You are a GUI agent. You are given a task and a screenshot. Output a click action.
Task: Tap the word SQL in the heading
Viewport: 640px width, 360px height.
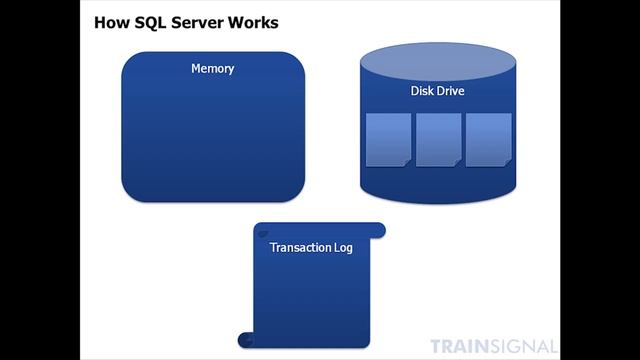click(149, 21)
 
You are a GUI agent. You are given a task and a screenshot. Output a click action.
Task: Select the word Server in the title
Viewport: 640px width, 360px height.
click(198, 21)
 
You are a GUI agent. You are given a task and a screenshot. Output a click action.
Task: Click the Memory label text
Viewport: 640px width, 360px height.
click(212, 69)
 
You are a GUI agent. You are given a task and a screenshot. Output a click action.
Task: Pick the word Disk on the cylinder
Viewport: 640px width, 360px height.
click(423, 92)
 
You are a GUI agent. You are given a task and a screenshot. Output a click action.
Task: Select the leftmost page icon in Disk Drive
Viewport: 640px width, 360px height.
click(388, 139)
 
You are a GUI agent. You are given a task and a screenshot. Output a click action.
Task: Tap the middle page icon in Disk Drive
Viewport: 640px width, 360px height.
click(438, 139)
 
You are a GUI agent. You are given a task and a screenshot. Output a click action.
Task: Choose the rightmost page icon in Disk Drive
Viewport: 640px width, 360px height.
click(488, 139)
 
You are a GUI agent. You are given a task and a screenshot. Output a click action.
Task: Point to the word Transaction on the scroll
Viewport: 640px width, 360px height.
click(297, 247)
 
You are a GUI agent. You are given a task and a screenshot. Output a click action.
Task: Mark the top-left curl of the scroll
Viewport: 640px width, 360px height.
click(263, 233)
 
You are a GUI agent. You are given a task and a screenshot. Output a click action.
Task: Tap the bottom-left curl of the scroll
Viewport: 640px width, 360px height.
click(244, 338)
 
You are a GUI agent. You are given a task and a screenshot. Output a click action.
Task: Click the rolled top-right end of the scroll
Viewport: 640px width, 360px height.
click(377, 230)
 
